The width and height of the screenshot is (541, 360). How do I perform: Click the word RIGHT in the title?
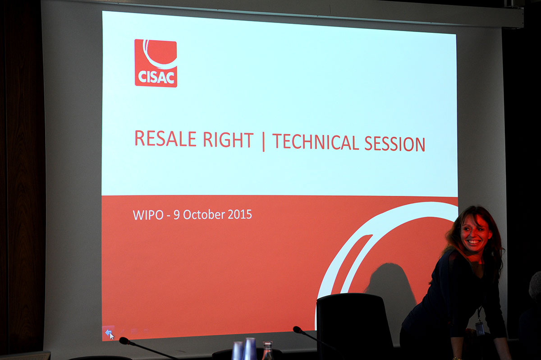point(228,140)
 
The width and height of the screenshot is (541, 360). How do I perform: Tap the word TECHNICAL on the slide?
point(316,142)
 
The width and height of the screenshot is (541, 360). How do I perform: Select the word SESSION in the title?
point(394,144)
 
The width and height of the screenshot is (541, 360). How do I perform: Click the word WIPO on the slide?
point(148,215)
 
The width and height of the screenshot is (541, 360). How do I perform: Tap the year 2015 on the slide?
point(239,214)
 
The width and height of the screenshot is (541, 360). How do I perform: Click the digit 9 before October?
point(177,215)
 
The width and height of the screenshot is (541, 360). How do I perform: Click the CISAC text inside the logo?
point(156,78)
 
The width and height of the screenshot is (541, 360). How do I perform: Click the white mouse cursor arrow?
point(112,336)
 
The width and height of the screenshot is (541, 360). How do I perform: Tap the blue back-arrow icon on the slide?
point(108,333)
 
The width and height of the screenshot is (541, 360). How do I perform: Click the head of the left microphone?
point(124,341)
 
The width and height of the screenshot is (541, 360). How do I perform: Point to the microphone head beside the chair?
point(298,329)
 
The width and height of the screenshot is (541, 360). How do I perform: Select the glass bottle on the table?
point(267,351)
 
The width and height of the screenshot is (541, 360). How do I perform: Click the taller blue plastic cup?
point(250,349)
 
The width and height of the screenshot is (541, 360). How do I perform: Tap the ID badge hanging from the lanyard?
point(480,328)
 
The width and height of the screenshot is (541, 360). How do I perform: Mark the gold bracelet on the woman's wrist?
point(458,358)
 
